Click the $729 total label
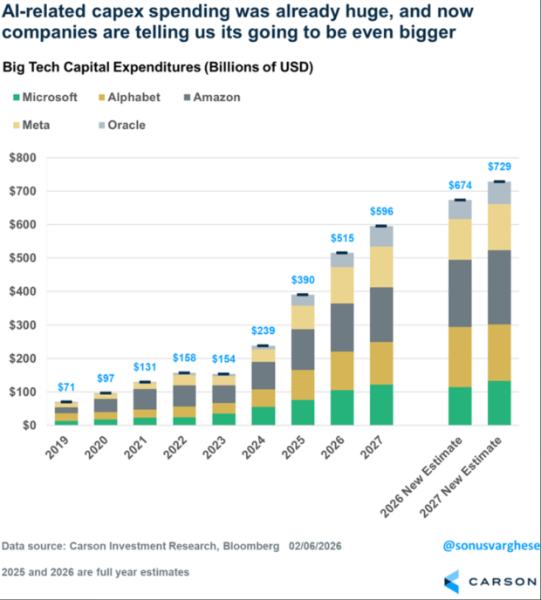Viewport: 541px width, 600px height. [x=500, y=166]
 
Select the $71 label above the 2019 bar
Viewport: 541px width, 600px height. [x=66, y=386]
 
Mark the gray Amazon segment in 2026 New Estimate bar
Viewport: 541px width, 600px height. [x=460, y=293]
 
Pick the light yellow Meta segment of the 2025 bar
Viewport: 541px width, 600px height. [x=304, y=317]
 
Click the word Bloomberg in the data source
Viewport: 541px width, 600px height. [x=250, y=546]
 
